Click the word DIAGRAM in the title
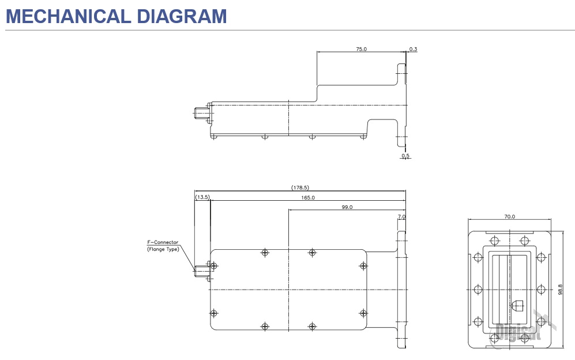pyautogui.click(x=181, y=16)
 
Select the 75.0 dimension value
pyautogui.click(x=361, y=50)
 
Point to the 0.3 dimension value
pyautogui.click(x=413, y=49)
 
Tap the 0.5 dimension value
pyautogui.click(x=405, y=156)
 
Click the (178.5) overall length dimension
pyautogui.click(x=300, y=187)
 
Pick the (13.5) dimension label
pyautogui.click(x=202, y=197)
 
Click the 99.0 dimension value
pyautogui.click(x=347, y=207)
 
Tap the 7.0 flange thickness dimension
pyautogui.click(x=401, y=217)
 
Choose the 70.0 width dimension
pyautogui.click(x=509, y=217)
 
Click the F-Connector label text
pyautogui.click(x=163, y=242)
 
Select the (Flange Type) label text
pyautogui.click(x=163, y=249)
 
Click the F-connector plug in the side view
pyautogui.click(x=202, y=113)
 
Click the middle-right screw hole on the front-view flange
pyautogui.click(x=541, y=289)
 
